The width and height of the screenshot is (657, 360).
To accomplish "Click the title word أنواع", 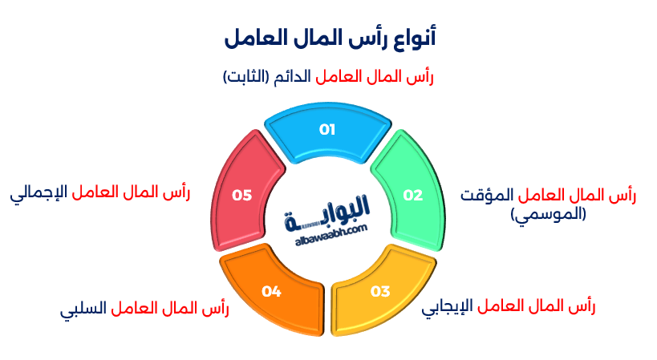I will [x=414, y=37].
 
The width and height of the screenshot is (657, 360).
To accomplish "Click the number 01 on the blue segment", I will [x=327, y=129].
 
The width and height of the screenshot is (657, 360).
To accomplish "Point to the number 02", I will [x=412, y=195].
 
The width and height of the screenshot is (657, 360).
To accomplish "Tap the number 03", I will [x=380, y=291].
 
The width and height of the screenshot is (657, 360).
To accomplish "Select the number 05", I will [x=241, y=195].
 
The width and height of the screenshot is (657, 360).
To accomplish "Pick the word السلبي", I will [x=83, y=309].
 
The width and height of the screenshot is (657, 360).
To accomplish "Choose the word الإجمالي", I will [x=40, y=193].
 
